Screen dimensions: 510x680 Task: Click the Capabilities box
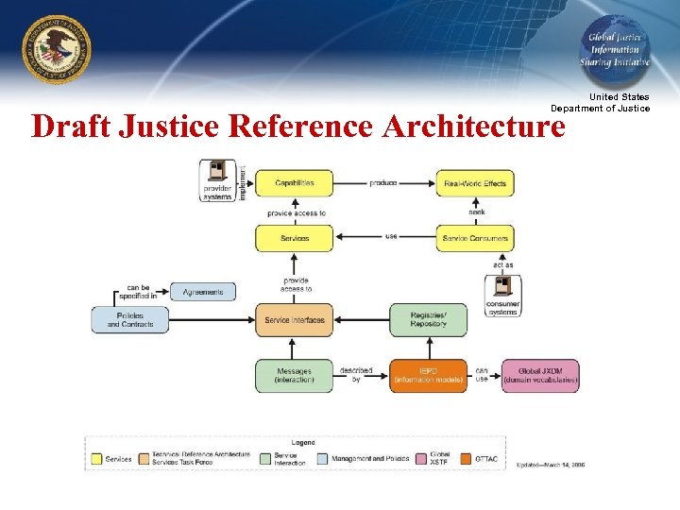coord(294,182)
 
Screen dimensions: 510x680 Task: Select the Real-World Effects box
coord(474,182)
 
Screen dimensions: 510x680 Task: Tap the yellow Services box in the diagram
coord(294,238)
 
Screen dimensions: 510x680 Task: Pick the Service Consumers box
coord(474,238)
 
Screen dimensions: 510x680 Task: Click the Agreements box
coord(203,292)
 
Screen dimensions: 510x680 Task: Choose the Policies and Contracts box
coord(129,320)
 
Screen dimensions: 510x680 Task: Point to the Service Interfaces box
coord(294,320)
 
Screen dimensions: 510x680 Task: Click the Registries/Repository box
coord(428,320)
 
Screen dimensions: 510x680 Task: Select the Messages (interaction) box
coord(294,375)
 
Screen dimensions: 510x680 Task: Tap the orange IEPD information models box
coord(428,375)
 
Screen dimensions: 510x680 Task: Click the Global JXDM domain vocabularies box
coord(540,375)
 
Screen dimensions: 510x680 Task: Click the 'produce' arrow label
coord(382,182)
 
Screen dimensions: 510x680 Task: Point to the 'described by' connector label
coord(355,375)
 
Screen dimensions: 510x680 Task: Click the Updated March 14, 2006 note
coord(551,465)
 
